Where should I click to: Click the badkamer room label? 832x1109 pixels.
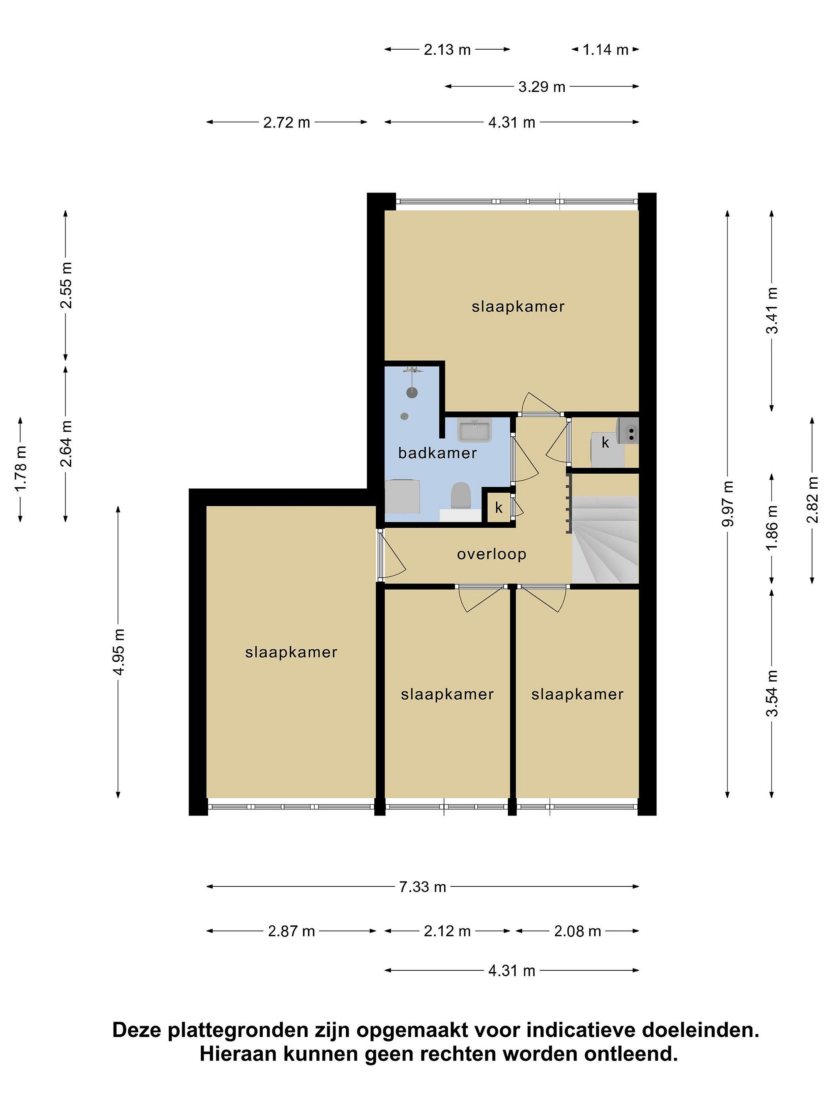pyautogui.click(x=437, y=453)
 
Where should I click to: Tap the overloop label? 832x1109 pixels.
pyautogui.click(x=491, y=554)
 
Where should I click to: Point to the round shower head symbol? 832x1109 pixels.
pyautogui.click(x=412, y=392)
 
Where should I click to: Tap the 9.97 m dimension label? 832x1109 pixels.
pyautogui.click(x=728, y=503)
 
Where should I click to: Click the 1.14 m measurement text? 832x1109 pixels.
pyautogui.click(x=606, y=50)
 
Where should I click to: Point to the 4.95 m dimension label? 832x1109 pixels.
pyautogui.click(x=119, y=651)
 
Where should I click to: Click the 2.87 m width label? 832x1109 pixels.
pyautogui.click(x=291, y=931)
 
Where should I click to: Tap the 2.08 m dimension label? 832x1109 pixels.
pyautogui.click(x=577, y=931)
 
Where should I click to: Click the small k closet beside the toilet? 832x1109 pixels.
pyautogui.click(x=498, y=508)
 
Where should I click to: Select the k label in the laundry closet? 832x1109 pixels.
pyautogui.click(x=606, y=443)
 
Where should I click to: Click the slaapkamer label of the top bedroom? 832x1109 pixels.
pyautogui.click(x=518, y=307)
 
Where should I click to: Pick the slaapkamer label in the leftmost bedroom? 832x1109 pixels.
pyautogui.click(x=291, y=652)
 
